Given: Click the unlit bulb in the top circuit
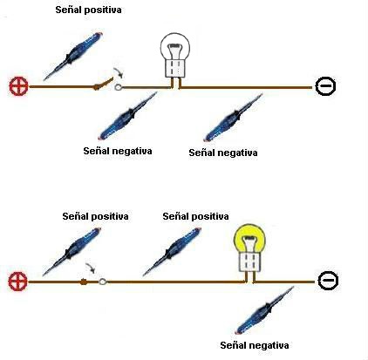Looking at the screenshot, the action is pos(174,55).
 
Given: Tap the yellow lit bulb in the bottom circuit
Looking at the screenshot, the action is pos(249,248).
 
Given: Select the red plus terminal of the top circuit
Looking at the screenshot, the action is pos(18,86).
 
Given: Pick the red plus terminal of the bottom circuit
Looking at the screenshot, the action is pos(17,282).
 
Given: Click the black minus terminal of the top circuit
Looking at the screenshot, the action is pos(325,86).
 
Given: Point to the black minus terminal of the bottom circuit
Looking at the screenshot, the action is pos(328,280).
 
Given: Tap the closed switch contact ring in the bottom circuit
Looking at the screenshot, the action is pos(103,282).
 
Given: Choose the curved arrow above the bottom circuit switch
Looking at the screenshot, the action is pos(90,268).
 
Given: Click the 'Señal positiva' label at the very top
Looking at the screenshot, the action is pos(88,10).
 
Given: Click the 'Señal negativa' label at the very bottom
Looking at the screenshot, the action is pos(255,345).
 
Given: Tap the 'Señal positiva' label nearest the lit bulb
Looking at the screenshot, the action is pos(195,216).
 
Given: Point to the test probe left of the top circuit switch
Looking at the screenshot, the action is pos(73,56).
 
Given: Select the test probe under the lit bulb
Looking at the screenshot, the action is pos(264,310).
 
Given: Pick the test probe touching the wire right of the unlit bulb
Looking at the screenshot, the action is pos(233,118).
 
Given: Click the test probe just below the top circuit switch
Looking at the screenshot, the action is pos(127,116).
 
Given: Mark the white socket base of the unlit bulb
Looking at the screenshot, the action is pos(174,68).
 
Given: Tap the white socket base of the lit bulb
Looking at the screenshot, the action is pos(249,262).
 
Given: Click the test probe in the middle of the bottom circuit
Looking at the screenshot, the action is pos(172,251).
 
